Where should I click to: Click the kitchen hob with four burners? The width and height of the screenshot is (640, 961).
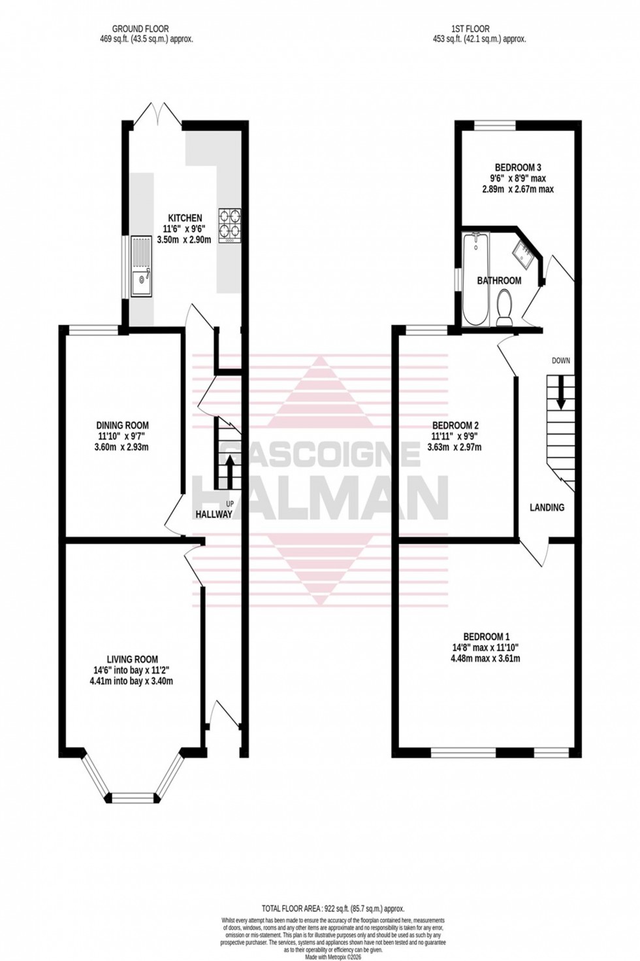coord(229,226)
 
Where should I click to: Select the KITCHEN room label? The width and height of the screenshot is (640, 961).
coord(185,218)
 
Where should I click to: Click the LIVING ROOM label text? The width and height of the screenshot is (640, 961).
coord(133,659)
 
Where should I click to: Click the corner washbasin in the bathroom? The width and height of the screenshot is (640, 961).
coord(525,250)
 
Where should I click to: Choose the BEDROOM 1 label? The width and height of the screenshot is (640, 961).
coord(487,636)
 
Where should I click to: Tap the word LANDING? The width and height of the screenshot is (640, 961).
coord(547,507)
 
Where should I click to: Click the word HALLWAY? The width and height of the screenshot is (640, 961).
coord(214,514)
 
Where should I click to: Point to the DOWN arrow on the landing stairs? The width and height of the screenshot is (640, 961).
coord(560,391)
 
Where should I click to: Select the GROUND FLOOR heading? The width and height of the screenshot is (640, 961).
coord(140,29)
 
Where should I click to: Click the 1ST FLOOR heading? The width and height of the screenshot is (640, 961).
coord(470,29)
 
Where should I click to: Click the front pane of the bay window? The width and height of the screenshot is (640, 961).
coord(133,798)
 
